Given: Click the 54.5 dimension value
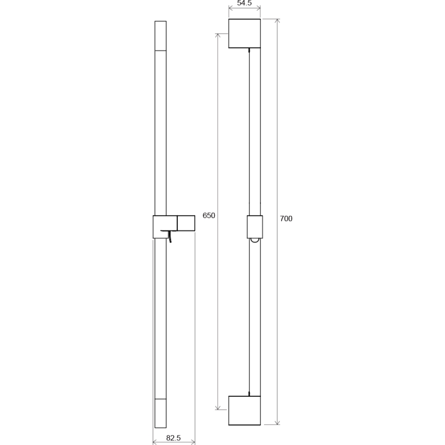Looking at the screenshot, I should (x=244, y=3).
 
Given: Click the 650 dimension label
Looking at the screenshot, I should (x=209, y=216).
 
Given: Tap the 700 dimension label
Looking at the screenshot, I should (x=286, y=219).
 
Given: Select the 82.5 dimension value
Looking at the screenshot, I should (x=174, y=438).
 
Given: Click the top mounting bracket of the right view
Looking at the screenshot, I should (x=244, y=33).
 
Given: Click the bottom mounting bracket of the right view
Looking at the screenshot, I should (x=244, y=410).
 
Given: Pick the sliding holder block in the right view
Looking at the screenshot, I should (x=254, y=226).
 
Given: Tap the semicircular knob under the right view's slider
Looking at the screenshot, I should (x=254, y=239).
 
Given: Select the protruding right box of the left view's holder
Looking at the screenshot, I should (x=186, y=223).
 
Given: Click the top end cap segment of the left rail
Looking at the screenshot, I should (x=160, y=35).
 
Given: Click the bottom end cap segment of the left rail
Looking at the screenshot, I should (x=160, y=413).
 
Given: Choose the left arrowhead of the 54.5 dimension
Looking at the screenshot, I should (x=231, y=8).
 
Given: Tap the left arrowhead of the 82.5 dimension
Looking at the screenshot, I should (x=155, y=442).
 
